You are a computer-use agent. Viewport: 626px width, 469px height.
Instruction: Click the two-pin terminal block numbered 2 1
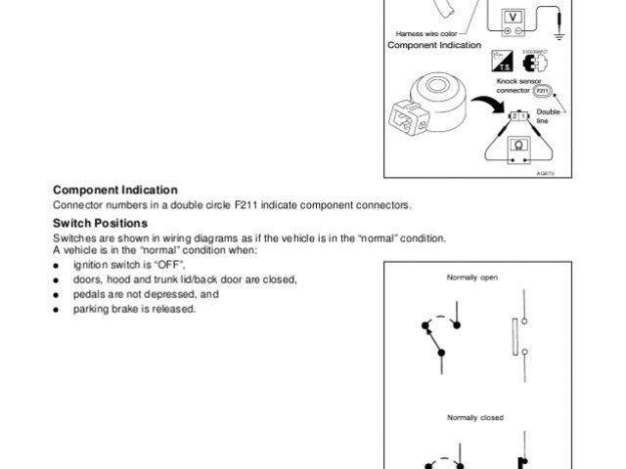(519, 116)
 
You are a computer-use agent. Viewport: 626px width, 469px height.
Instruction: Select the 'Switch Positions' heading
(100, 224)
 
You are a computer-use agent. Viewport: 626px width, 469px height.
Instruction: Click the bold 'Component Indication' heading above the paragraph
(115, 190)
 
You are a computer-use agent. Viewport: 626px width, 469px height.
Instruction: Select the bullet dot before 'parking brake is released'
(57, 310)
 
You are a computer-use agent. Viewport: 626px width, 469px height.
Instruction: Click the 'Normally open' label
(472, 277)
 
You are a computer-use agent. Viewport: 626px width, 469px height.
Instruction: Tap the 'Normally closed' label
(475, 417)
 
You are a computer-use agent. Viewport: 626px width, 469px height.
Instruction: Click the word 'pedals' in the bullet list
(90, 294)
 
